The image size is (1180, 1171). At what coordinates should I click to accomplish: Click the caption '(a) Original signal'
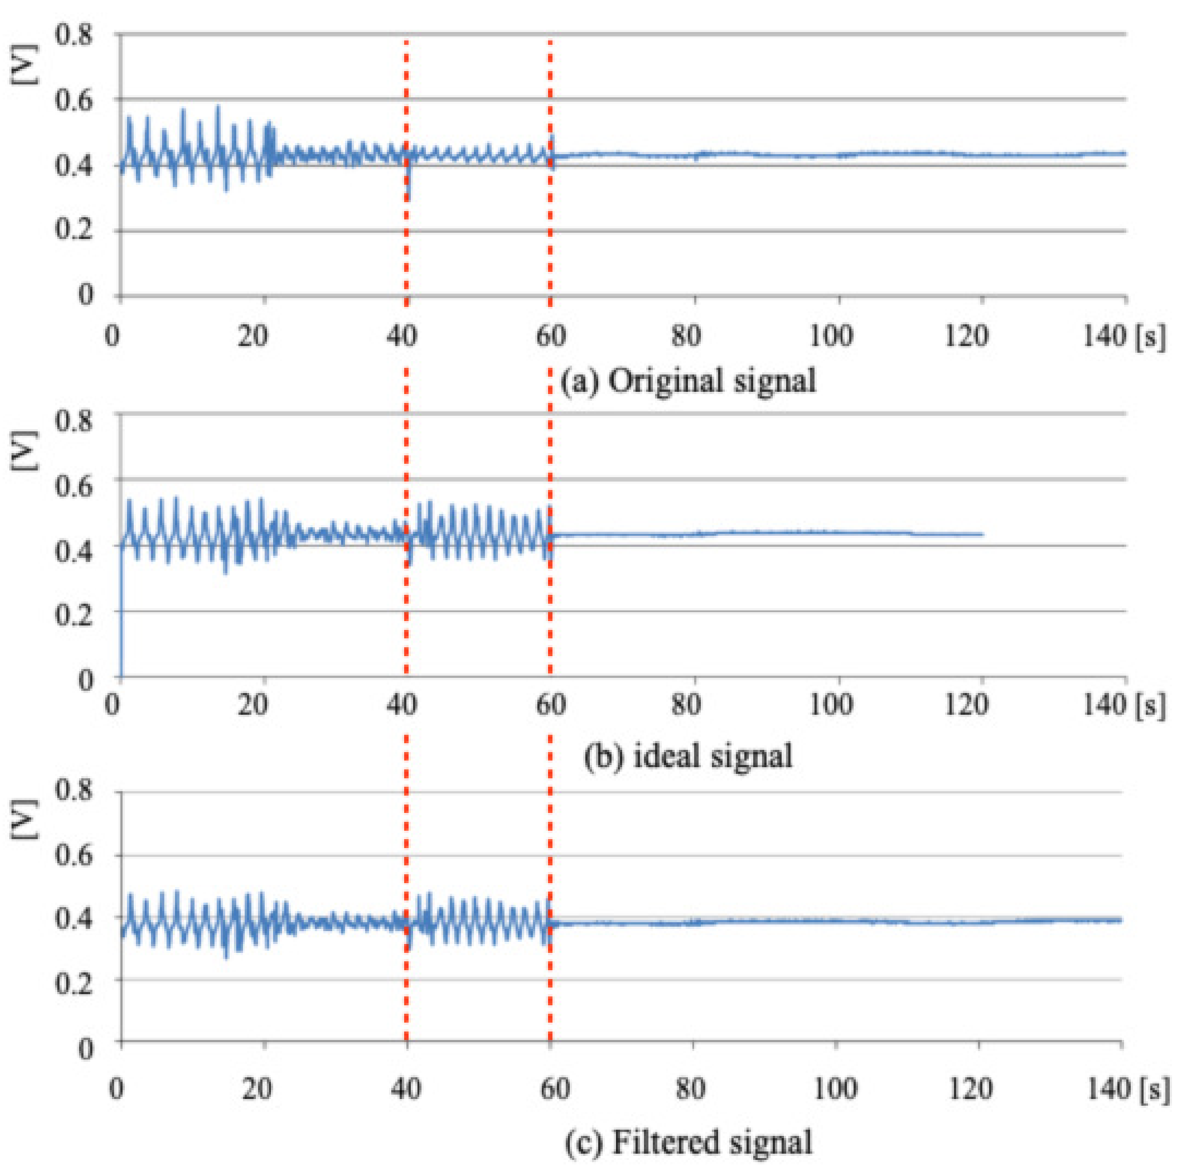click(x=688, y=382)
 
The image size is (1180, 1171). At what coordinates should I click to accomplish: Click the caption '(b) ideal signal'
click(x=688, y=756)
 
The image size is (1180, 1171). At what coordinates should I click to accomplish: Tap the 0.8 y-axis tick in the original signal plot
click(x=73, y=35)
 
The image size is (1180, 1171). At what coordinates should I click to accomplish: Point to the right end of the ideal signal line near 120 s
click(x=981, y=534)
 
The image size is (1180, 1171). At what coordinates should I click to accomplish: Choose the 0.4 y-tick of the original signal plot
click(x=73, y=166)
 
